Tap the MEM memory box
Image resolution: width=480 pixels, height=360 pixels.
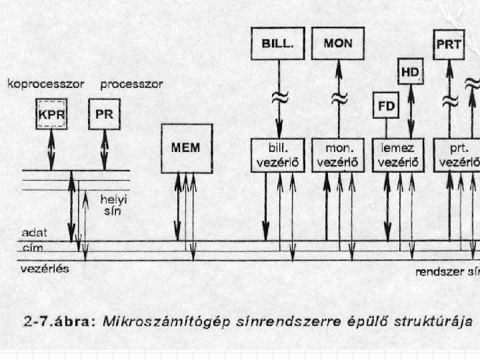pos(187,147)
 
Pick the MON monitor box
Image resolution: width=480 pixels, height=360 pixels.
pos(338,44)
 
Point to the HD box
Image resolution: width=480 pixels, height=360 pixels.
pos(411,71)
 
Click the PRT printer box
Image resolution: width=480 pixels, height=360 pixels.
pos(449,44)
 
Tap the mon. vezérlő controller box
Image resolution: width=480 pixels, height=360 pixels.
pos(338,155)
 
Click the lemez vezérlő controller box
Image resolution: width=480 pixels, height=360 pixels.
pos(399,155)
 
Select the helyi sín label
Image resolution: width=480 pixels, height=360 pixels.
pos(109,205)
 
